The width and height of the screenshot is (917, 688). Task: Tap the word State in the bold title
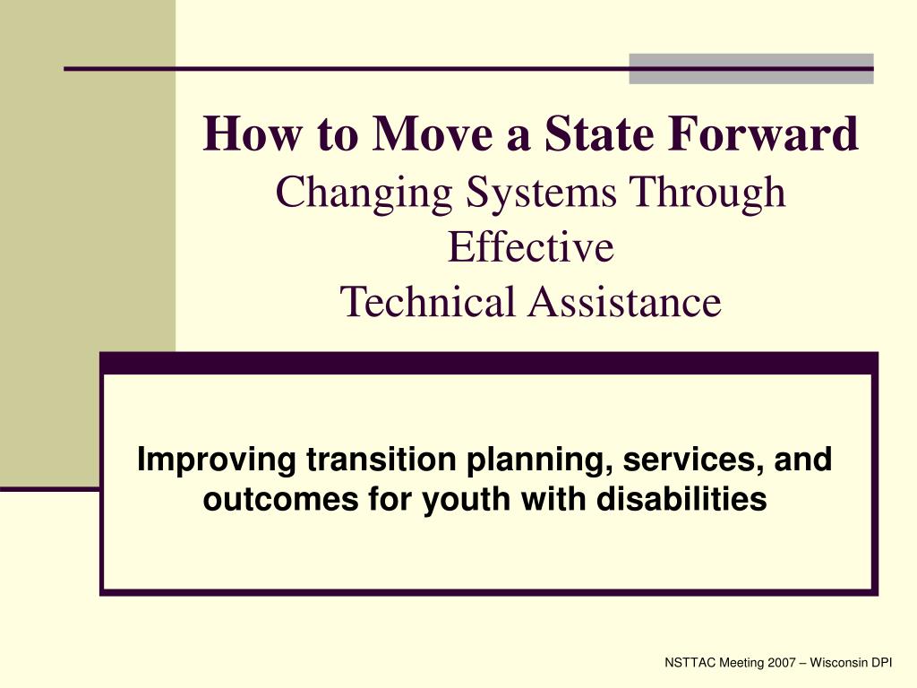pos(599,133)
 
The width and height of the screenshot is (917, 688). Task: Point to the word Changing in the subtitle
pos(364,193)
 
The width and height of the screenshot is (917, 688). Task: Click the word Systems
pos(541,193)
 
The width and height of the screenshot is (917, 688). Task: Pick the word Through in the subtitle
pos(707,193)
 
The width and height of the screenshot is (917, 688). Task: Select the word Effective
pos(530,246)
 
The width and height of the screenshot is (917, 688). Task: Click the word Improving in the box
pos(217,460)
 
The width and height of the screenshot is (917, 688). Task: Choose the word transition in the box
pos(381,460)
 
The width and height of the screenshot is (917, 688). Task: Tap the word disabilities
pos(681,498)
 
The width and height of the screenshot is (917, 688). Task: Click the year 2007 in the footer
pos(782,663)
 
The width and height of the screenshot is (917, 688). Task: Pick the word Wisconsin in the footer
pos(838,663)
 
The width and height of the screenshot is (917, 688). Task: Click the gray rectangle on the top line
pos(751,69)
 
